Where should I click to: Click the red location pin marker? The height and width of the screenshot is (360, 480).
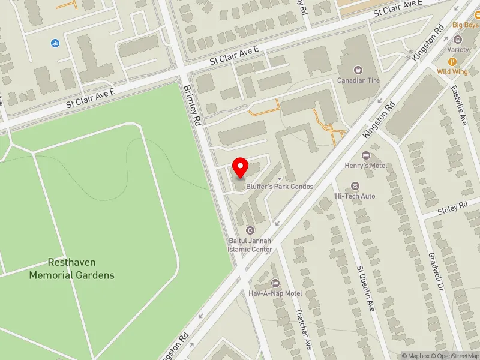(241, 167)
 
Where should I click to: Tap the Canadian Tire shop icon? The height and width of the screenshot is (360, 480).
(359, 70)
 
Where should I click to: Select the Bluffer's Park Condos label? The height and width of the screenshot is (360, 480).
(280, 187)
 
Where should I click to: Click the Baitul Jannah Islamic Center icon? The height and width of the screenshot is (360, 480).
(250, 230)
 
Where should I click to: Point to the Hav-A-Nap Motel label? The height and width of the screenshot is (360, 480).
(276, 293)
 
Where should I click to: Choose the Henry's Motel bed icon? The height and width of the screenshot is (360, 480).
(365, 154)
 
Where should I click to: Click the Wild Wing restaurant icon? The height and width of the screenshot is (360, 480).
(451, 61)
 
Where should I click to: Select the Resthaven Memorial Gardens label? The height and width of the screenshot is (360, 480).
(72, 269)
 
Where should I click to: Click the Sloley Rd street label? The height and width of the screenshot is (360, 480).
(452, 208)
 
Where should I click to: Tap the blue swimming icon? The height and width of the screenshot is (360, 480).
(55, 43)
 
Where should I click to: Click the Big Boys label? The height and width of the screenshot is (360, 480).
(465, 25)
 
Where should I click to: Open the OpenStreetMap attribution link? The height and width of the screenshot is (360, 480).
(455, 356)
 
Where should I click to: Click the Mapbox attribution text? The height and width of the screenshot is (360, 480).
(416, 356)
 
